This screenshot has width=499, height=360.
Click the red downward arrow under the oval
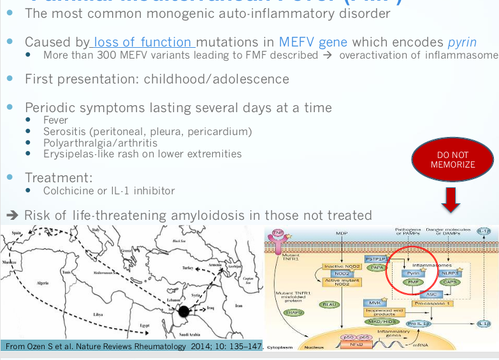pos(452,199)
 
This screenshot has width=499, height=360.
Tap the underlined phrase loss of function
pos(143,43)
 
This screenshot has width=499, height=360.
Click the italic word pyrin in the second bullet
pos(462,43)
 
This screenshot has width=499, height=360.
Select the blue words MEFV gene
pos(313,43)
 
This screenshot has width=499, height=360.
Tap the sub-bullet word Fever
pos(55,120)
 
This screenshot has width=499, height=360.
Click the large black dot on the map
pos(184,312)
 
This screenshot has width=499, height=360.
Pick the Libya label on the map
pos(98,314)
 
